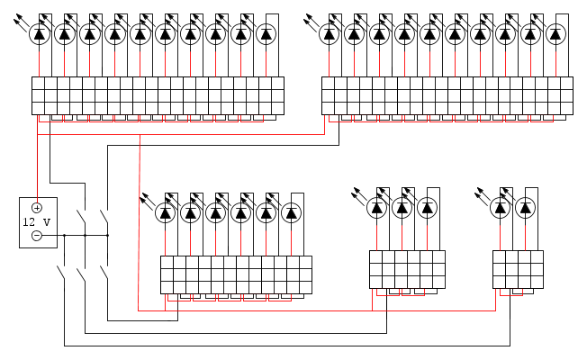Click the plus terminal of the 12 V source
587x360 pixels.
(37, 208)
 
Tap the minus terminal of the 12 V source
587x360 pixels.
(37, 236)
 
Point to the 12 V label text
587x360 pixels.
(36, 222)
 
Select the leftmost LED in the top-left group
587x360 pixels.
(40, 34)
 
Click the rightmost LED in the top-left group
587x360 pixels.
(266, 34)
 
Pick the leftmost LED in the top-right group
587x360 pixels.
(330, 34)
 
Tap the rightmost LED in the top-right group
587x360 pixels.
(555, 34)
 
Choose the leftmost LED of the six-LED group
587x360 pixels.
(165, 213)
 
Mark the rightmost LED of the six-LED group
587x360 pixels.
(292, 213)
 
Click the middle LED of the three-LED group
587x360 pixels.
(402, 207)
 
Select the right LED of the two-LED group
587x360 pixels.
(525, 207)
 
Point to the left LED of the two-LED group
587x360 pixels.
(501, 207)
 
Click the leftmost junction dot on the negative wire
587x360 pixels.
(65, 236)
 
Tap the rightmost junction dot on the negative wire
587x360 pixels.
(108, 236)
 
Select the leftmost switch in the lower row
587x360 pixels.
(61, 273)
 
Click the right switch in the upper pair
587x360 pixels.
(104, 217)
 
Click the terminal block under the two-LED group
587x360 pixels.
(518, 269)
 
